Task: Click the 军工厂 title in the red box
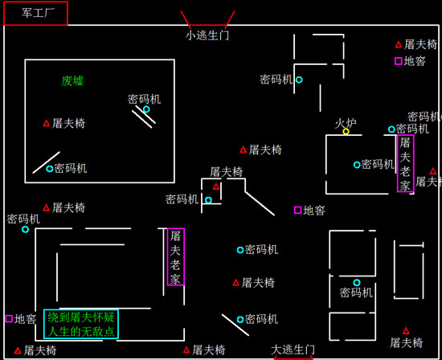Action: pyautogui.click(x=35, y=14)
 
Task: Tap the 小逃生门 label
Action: pyautogui.click(x=207, y=35)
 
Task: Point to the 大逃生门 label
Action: pyautogui.click(x=293, y=350)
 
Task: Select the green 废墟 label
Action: pyautogui.click(x=72, y=80)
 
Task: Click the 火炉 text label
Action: pyautogui.click(x=346, y=123)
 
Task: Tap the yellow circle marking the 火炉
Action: pyautogui.click(x=346, y=131)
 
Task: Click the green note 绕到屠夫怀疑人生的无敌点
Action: pyautogui.click(x=80, y=324)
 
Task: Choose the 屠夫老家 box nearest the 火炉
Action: pyautogui.click(x=405, y=163)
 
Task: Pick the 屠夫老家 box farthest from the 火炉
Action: pyautogui.click(x=176, y=257)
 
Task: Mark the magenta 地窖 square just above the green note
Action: pyautogui.click(x=9, y=319)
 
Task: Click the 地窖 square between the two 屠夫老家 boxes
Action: pyautogui.click(x=297, y=210)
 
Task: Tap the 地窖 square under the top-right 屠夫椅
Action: pyautogui.click(x=399, y=60)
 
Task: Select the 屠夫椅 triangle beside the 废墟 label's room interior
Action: pyautogui.click(x=47, y=123)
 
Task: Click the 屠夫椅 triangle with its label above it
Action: pyautogui.click(x=216, y=186)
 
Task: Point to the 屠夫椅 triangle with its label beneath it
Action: pyautogui.click(x=406, y=330)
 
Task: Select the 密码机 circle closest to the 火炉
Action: pyautogui.click(x=391, y=129)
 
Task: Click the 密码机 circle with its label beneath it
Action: pyautogui.click(x=357, y=282)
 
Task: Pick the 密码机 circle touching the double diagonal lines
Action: pyautogui.click(x=146, y=109)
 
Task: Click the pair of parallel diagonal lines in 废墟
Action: pyautogui.click(x=143, y=118)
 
